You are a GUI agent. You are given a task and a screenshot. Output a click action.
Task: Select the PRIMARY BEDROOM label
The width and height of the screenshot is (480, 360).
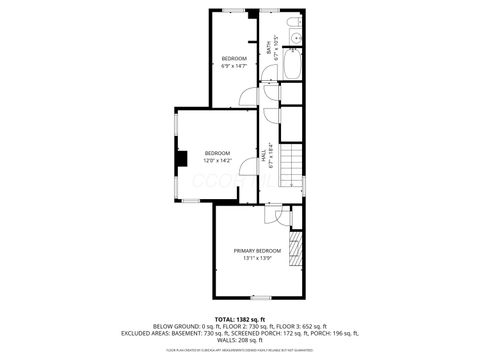coord(257,250)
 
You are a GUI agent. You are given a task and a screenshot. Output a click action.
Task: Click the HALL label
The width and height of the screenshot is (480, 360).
coord(263,157)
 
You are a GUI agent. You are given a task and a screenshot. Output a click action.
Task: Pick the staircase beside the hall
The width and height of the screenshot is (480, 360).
coord(290,165)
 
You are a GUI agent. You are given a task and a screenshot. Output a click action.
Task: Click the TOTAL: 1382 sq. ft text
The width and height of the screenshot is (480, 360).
coord(240,318)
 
